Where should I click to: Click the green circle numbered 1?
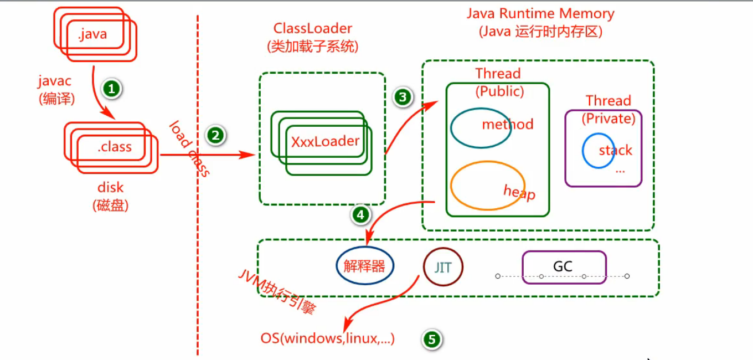click(x=112, y=89)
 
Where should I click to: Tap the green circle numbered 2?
click(x=215, y=135)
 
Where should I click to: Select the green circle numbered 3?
click(x=403, y=97)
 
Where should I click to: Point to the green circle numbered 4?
click(x=361, y=215)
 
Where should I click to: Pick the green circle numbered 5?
click(x=432, y=339)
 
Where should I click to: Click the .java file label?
click(x=92, y=34)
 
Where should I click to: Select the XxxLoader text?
click(x=325, y=141)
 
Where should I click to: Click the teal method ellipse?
click(x=481, y=128)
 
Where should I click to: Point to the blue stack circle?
click(x=598, y=150)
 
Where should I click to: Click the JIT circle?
click(x=442, y=268)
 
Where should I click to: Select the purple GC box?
click(x=564, y=267)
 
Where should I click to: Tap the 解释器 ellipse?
click(x=364, y=266)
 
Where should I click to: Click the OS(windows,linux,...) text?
click(x=327, y=338)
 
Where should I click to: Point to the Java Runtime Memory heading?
click(x=540, y=14)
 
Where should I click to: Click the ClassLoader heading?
click(x=312, y=28)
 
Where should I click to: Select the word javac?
click(x=54, y=81)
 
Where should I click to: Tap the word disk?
click(x=110, y=187)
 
